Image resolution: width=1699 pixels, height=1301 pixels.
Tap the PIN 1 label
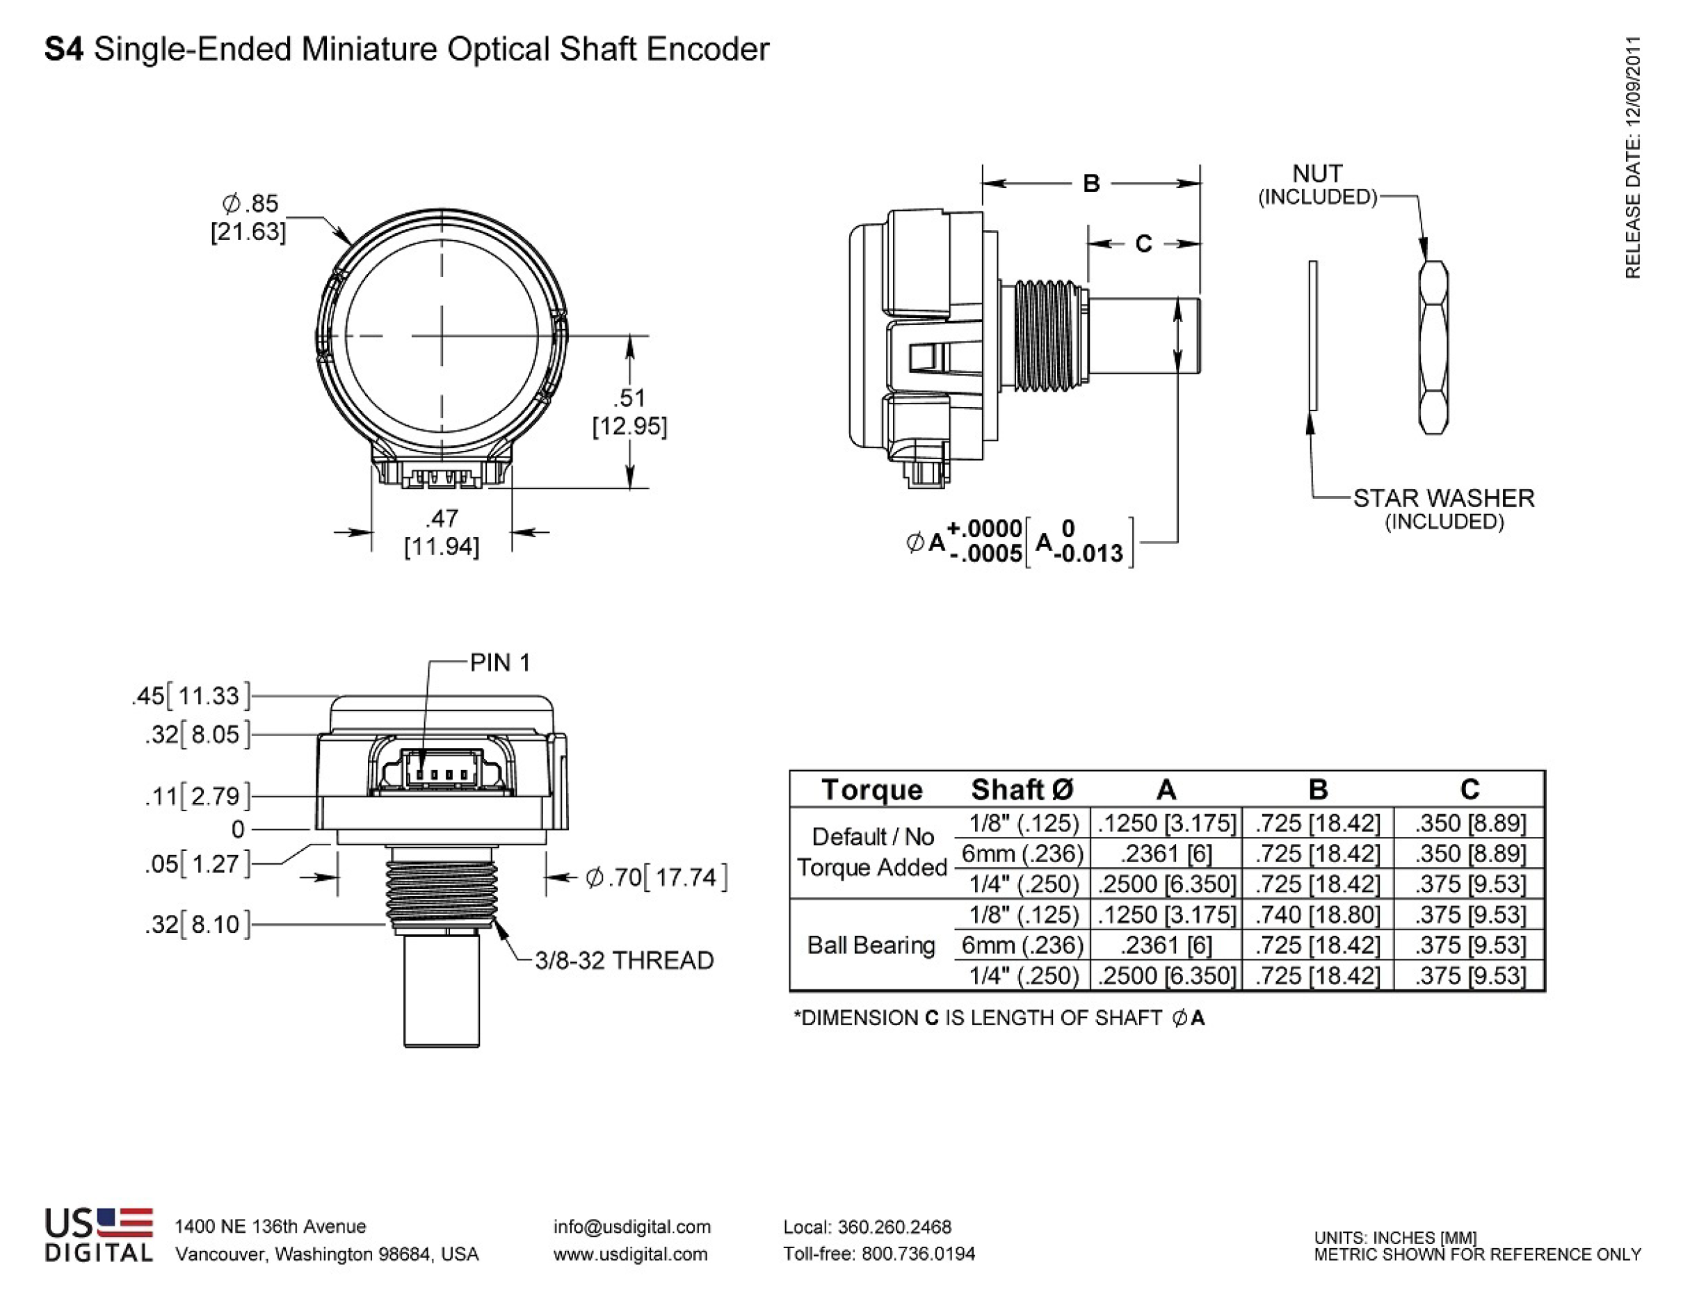tap(500, 663)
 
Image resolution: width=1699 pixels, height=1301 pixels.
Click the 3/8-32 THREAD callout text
tap(624, 960)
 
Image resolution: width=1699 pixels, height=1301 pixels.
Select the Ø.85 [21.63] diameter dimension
tap(249, 218)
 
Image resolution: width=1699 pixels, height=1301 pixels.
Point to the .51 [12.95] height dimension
tap(629, 411)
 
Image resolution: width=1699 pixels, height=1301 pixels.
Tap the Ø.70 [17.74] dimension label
tap(657, 877)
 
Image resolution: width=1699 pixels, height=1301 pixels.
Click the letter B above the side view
tap(1090, 184)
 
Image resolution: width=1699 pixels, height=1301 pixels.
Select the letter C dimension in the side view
tap(1143, 244)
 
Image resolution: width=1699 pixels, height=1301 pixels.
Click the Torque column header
tap(871, 789)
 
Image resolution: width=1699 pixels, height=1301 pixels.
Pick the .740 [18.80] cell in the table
tap(1317, 915)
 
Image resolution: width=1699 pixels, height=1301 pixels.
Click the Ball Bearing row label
tap(871, 945)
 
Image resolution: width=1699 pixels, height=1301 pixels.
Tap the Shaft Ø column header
tap(1022, 789)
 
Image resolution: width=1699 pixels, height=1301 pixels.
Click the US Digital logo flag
tap(124, 1221)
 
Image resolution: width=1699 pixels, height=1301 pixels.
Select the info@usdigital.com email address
tap(631, 1227)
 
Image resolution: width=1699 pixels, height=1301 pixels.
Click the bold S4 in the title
tap(64, 49)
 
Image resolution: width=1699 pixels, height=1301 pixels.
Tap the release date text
tap(1632, 157)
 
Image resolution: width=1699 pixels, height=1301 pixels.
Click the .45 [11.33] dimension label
tap(191, 696)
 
